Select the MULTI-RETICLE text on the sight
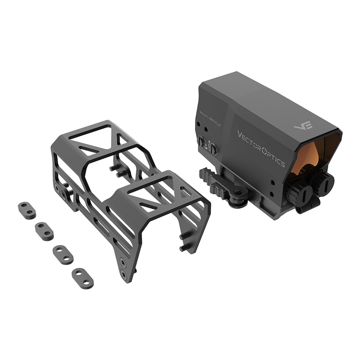210,119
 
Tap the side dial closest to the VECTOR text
213,148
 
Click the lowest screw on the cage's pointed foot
124,275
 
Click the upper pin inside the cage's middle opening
114,167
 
